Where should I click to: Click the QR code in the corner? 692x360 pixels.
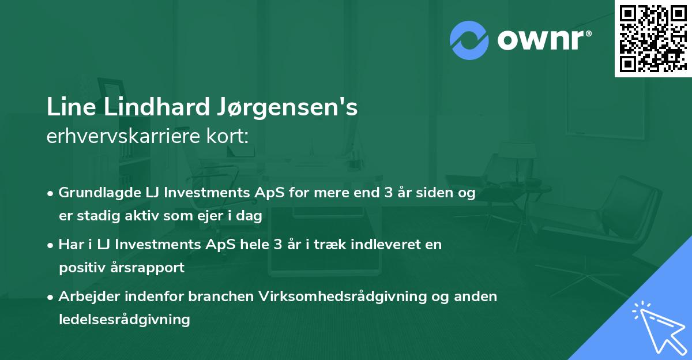point(652,38)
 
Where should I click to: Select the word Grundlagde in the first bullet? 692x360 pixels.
point(93,193)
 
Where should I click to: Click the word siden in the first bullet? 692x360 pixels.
point(432,193)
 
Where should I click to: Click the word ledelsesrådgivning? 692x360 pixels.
point(124,319)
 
